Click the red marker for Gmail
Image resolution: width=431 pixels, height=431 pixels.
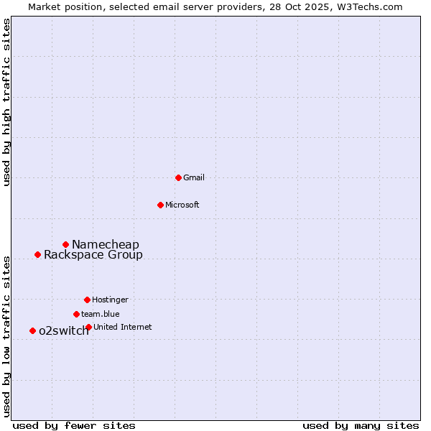[178, 177]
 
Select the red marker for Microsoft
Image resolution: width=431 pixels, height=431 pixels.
[160, 205]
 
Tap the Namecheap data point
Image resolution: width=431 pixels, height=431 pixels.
[65, 245]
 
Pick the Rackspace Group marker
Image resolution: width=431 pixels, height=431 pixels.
[37, 254]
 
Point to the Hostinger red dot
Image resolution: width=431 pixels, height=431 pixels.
[87, 300]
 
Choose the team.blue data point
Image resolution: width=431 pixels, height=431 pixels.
[76, 314]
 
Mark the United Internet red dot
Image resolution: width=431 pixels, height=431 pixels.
[88, 327]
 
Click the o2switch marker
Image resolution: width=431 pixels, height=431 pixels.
[32, 330]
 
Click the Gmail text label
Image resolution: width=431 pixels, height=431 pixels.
[194, 177]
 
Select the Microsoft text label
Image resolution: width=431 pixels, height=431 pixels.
[182, 205]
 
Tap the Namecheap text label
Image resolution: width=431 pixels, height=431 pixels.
[106, 245]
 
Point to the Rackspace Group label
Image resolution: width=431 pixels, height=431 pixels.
[93, 254]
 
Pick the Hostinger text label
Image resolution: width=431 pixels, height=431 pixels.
[110, 300]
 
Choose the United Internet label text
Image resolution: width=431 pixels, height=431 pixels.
[123, 327]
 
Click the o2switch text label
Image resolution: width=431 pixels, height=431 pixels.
[64, 330]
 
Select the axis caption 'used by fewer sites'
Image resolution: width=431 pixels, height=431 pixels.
[74, 425]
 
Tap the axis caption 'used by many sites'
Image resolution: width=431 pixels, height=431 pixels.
[361, 425]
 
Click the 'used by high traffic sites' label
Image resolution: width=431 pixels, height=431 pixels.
[7, 102]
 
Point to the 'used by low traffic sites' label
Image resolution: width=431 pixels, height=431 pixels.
[7, 335]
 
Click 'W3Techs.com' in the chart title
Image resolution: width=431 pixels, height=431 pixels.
[367, 6]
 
